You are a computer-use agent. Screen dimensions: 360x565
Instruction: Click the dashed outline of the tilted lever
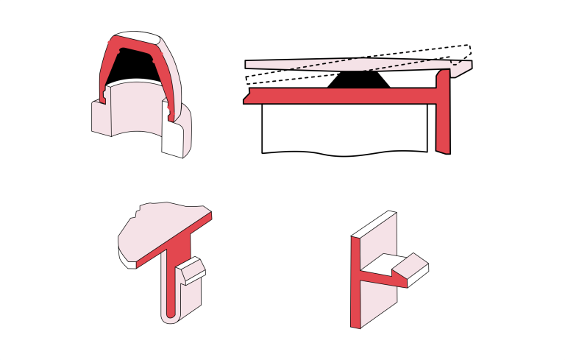point(441,50)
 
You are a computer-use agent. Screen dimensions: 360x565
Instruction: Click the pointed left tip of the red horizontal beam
point(245,99)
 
